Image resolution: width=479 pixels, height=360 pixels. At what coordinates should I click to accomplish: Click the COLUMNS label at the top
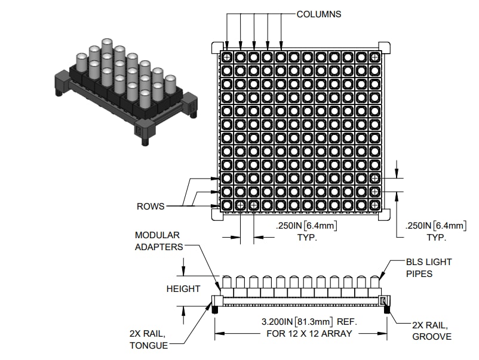click(319, 14)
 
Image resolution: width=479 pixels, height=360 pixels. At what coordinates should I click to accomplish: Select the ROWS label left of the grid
click(150, 207)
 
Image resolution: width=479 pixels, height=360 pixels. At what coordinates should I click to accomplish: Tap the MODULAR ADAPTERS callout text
click(157, 241)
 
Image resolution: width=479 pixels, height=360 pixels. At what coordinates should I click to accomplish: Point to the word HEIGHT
click(183, 289)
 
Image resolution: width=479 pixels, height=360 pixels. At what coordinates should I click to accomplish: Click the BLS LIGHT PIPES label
click(429, 267)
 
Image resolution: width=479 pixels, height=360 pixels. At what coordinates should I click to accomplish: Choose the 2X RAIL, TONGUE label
click(148, 340)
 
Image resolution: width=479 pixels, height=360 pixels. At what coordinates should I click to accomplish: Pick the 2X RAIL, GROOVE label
click(432, 331)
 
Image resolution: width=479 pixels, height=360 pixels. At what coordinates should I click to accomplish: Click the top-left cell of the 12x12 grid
click(227, 57)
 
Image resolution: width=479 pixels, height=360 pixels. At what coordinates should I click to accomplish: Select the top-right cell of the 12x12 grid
click(374, 57)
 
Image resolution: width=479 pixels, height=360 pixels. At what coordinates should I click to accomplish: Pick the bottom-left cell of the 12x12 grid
click(227, 205)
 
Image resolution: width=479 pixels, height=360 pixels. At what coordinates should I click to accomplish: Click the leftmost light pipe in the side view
click(227, 282)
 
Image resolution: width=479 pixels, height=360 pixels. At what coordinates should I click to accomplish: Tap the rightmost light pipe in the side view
click(375, 282)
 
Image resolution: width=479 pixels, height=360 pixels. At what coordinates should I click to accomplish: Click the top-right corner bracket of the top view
click(385, 47)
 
